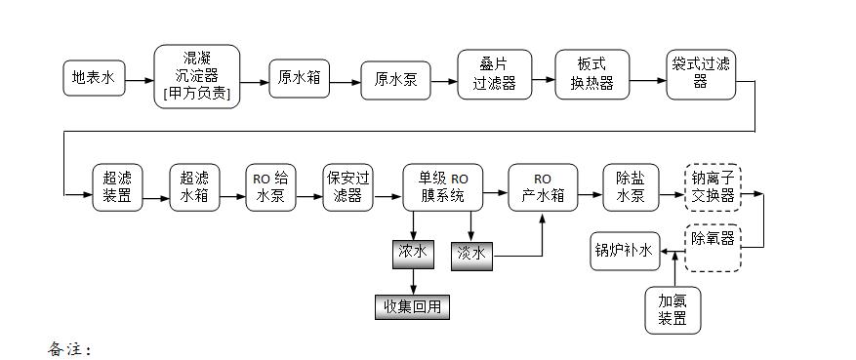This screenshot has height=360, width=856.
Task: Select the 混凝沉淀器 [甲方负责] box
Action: click(196, 76)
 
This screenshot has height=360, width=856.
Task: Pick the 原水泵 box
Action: click(395, 80)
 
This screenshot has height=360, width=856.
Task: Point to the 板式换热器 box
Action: click(592, 73)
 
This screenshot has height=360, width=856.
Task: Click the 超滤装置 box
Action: click(118, 186)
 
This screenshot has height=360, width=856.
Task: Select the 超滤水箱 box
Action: click(194, 186)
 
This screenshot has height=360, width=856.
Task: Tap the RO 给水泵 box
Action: click(270, 186)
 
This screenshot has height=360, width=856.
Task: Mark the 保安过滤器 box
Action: click(347, 186)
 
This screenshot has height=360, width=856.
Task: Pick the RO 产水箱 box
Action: click(542, 186)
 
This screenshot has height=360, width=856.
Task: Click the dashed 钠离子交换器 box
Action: click(713, 186)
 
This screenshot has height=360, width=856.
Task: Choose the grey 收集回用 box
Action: click(413, 306)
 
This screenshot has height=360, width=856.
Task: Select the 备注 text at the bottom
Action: click(69, 347)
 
